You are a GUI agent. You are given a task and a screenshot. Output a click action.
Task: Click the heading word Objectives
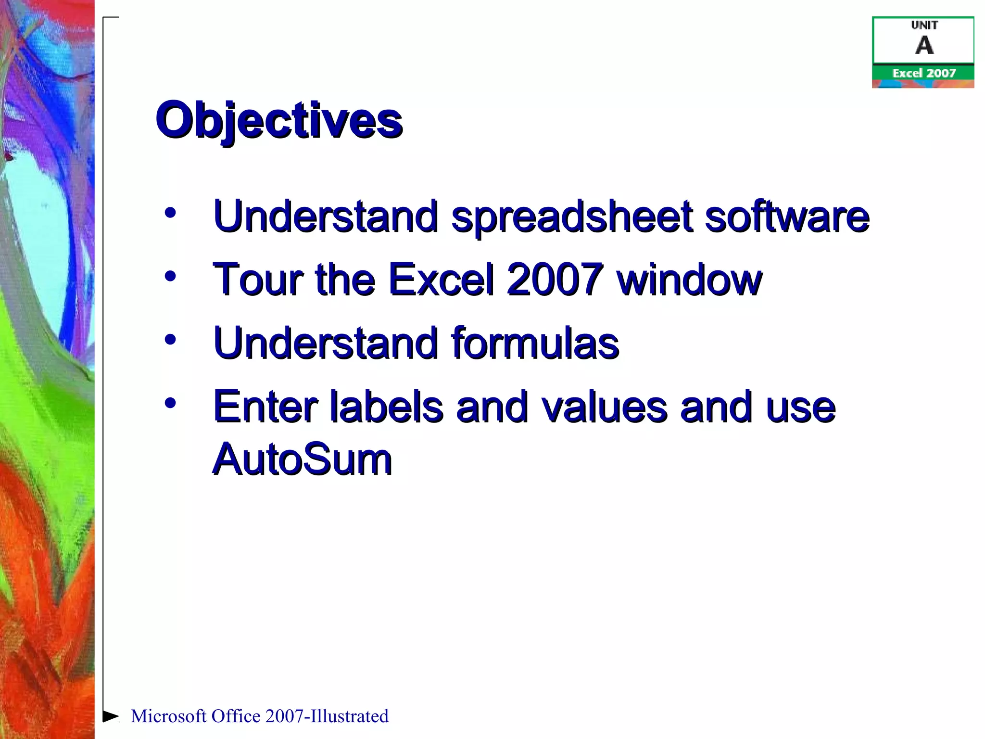[279, 120]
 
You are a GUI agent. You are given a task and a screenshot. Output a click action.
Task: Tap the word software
[787, 217]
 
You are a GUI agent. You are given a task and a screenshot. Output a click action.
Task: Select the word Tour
[258, 280]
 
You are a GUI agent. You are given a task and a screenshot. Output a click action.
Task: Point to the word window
[690, 280]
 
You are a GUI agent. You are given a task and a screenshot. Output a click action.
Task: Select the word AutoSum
[302, 459]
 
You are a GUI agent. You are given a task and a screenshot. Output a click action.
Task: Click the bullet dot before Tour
[170, 276]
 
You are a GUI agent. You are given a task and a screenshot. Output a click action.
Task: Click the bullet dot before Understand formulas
[170, 340]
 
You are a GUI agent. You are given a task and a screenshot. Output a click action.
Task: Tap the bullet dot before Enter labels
[170, 403]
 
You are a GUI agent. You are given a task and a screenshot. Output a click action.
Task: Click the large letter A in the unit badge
[924, 46]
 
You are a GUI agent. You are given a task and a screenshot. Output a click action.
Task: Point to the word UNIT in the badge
[924, 25]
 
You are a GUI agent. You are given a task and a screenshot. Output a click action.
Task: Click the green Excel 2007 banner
[923, 73]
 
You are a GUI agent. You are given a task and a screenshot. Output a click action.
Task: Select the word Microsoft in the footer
[168, 716]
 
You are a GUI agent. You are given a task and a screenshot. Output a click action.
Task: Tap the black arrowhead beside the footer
[110, 716]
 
